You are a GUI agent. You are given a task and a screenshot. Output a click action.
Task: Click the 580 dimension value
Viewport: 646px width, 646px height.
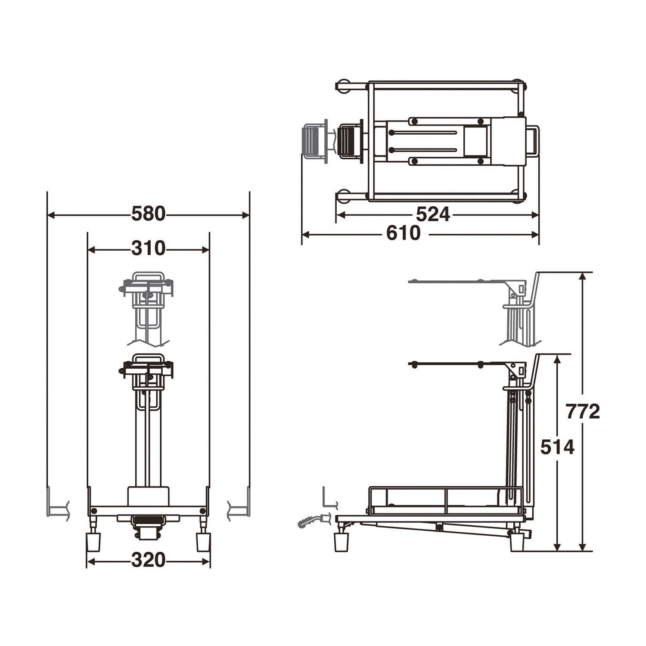pos(148,214)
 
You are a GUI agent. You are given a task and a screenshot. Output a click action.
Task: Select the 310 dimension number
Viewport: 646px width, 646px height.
pos(148,248)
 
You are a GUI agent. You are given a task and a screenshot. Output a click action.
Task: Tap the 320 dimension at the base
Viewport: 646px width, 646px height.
pos(148,560)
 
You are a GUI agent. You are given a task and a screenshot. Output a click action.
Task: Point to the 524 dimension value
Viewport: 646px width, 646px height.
pos(433,214)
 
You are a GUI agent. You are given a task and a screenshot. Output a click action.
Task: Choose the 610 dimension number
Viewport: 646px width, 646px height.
pos(403,233)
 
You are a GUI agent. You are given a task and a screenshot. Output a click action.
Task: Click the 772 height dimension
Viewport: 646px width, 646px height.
pos(583,412)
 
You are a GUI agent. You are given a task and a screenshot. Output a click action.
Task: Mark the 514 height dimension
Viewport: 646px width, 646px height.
pos(557,447)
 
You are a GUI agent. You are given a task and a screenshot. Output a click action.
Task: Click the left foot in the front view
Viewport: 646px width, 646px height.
pos(93,542)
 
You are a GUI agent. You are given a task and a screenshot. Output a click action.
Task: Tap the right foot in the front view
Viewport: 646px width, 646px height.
pos(203,542)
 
